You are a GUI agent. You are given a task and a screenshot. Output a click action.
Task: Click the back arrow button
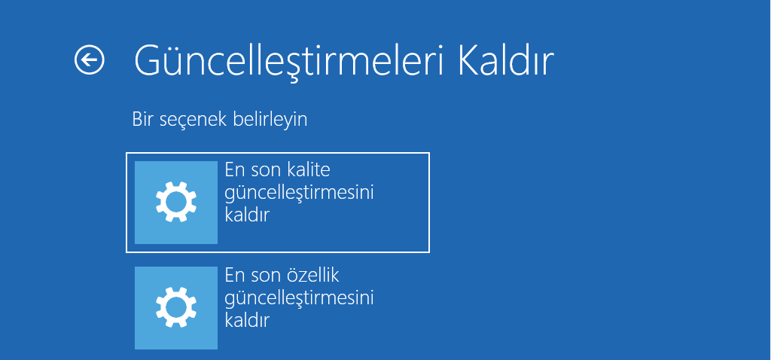[x=90, y=59]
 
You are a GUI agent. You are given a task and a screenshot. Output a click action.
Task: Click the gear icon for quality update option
[x=176, y=202]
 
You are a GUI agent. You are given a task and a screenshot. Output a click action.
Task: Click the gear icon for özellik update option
[x=176, y=307]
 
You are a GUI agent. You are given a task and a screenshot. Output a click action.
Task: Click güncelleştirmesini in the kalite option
[x=300, y=193]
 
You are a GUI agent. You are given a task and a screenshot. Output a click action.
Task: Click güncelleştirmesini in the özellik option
[x=300, y=298]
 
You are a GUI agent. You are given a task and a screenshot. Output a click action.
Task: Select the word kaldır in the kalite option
[x=248, y=215]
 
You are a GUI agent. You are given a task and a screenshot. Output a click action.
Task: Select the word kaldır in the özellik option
[x=248, y=320]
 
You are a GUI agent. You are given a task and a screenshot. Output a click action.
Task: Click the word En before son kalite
[x=235, y=170]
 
